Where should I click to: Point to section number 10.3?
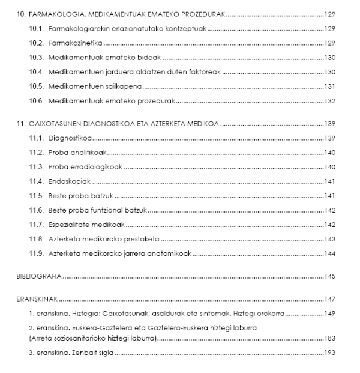pyautogui.click(x=38, y=58)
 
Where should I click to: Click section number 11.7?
pyautogui.click(x=38, y=225)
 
